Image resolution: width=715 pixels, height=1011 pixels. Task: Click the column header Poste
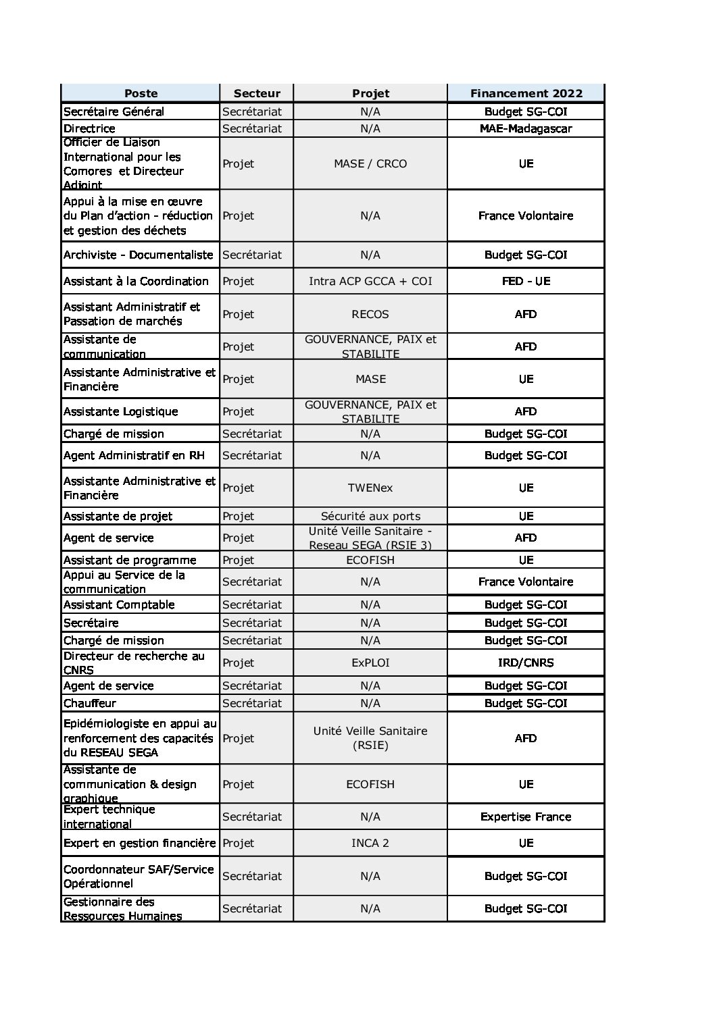141,93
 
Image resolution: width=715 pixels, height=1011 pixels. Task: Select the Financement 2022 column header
526,93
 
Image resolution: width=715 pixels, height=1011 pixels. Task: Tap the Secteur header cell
256,93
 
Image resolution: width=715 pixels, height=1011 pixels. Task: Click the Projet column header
370,93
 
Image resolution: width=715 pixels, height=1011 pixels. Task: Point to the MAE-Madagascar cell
526,128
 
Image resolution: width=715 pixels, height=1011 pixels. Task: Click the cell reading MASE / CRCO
370,163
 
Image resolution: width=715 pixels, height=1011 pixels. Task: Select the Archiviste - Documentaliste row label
138,255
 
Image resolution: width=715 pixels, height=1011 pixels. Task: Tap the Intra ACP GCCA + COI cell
370,281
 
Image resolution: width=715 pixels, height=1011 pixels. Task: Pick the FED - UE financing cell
526,281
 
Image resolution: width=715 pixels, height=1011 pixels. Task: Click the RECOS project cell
370,314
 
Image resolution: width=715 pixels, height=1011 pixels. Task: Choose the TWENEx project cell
370,488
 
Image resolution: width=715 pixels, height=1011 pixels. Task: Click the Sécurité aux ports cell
370,516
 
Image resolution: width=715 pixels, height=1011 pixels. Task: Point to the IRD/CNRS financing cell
526,663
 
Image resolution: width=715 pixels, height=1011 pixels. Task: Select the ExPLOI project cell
370,663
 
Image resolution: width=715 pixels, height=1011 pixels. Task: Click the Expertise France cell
526,816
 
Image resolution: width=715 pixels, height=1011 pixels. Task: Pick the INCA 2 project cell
370,843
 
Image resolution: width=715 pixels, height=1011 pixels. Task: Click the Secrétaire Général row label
114,111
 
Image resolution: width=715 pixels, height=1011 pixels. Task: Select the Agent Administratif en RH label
134,455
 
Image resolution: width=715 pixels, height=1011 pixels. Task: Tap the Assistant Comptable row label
119,604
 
